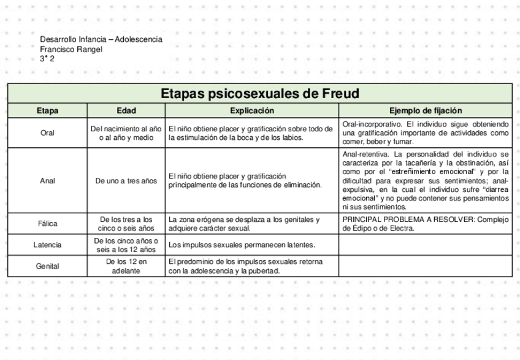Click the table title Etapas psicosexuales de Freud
pyautogui.click(x=259, y=94)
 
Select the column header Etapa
pyautogui.click(x=47, y=111)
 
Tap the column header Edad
pyautogui.click(x=126, y=111)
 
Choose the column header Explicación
pyautogui.click(x=251, y=111)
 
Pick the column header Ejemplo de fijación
pyautogui.click(x=426, y=111)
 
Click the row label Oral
pyautogui.click(x=47, y=133)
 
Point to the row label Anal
pyautogui.click(x=47, y=181)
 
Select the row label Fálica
pyautogui.click(x=47, y=224)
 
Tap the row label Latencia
pyautogui.click(x=47, y=245)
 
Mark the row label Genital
pyautogui.click(x=47, y=267)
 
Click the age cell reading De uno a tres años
pyautogui.click(x=126, y=181)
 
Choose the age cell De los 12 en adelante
pyautogui.click(x=126, y=267)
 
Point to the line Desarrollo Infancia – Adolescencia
pyautogui.click(x=101, y=39)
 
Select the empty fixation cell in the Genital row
pyautogui.click(x=426, y=267)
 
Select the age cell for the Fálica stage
pyautogui.click(x=126, y=224)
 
